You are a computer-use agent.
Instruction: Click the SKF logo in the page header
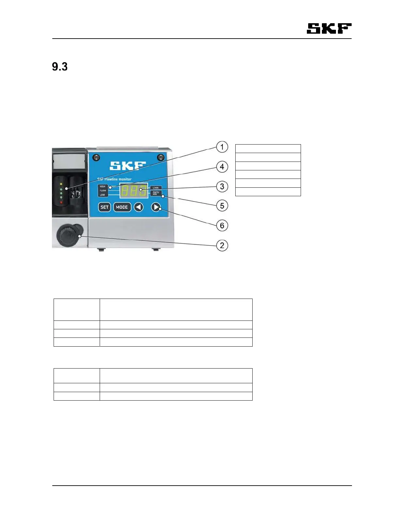click(329, 28)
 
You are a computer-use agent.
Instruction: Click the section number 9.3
click(60, 67)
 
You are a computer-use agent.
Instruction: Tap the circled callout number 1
click(222, 147)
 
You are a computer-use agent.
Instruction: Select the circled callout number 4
click(222, 167)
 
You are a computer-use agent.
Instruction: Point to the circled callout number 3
click(222, 187)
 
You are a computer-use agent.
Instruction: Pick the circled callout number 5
click(222, 206)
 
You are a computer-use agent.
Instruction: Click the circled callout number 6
click(222, 225)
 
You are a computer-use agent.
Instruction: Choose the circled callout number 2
click(222, 245)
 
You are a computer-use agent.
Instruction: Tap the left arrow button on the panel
click(139, 207)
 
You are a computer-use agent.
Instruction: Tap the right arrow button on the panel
click(156, 207)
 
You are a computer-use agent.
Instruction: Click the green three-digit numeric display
click(134, 190)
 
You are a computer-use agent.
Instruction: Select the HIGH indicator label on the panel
click(103, 186)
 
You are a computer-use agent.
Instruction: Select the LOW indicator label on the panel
click(103, 195)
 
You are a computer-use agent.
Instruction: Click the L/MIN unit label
click(156, 188)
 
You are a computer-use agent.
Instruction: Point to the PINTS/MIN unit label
click(156, 193)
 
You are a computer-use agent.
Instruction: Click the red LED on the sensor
click(61, 202)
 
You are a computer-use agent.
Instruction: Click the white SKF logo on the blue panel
click(127, 166)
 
